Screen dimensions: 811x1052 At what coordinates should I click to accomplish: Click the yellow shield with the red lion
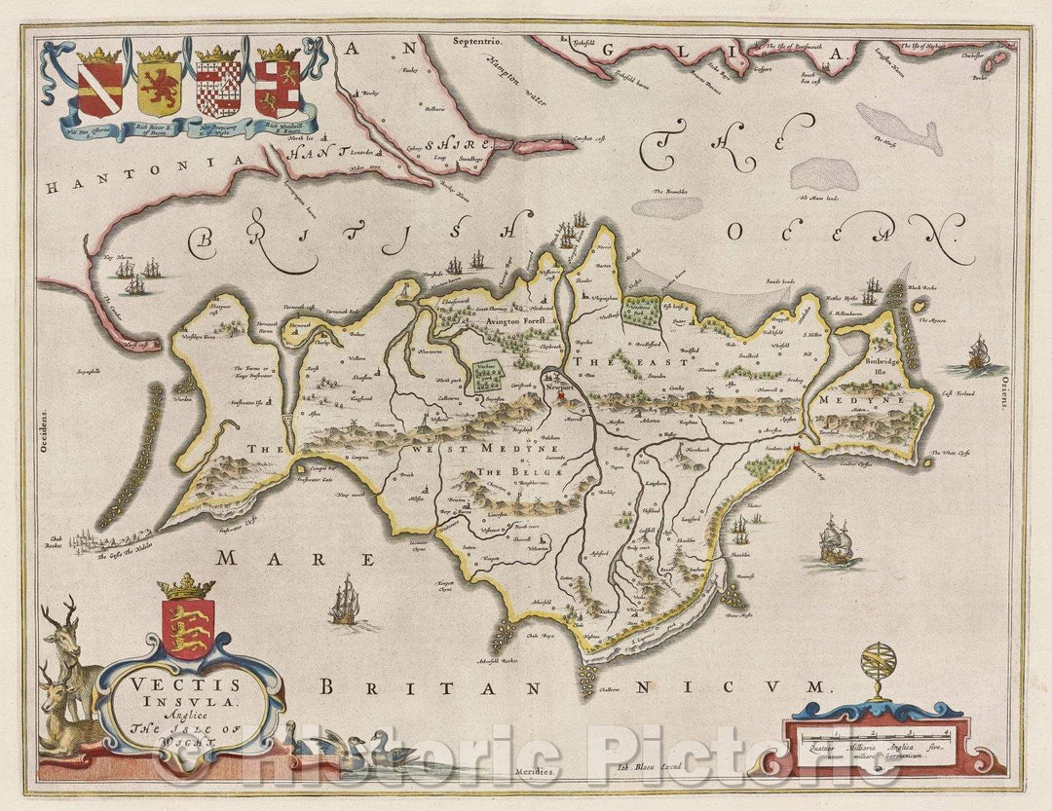point(160,87)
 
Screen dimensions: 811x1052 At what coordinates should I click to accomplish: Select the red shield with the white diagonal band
point(100,89)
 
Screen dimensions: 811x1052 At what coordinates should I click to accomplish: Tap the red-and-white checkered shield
point(218,88)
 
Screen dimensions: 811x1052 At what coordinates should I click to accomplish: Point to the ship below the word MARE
point(344,601)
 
